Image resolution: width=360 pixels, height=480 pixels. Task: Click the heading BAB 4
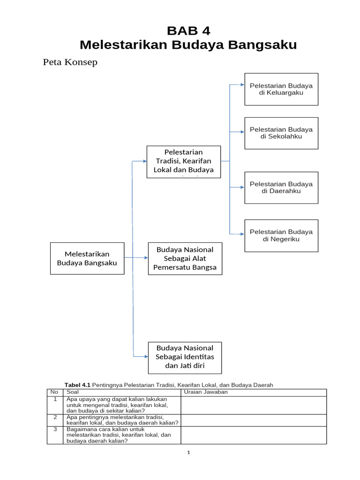pyautogui.click(x=189, y=31)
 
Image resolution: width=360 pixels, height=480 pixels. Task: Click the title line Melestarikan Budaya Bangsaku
pyautogui.click(x=188, y=45)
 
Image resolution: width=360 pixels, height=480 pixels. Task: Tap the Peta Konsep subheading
pyautogui.click(x=70, y=62)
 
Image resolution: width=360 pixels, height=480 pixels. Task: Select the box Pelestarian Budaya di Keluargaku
pyautogui.click(x=281, y=89)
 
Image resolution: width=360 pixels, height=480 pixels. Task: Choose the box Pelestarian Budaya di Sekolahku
pyautogui.click(x=281, y=133)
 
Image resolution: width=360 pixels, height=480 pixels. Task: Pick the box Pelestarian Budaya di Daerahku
pyautogui.click(x=281, y=187)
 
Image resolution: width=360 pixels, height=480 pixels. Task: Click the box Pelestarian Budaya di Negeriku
pyautogui.click(x=281, y=235)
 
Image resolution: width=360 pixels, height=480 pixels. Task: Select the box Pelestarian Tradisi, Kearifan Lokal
pyautogui.click(x=184, y=161)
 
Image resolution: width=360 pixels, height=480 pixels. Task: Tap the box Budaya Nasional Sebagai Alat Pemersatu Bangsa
pyautogui.click(x=185, y=258)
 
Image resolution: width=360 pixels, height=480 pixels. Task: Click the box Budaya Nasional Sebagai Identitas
pyautogui.click(x=185, y=357)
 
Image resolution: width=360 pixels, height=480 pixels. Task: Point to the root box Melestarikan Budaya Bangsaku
pyautogui.click(x=87, y=258)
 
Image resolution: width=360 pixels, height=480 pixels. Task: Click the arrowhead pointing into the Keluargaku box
pyautogui.click(x=242, y=85)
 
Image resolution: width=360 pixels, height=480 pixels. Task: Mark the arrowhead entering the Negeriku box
pyautogui.click(x=242, y=233)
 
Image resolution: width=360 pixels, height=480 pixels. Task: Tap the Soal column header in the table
pyautogui.click(x=74, y=392)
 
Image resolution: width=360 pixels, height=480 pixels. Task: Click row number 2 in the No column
pyautogui.click(x=55, y=417)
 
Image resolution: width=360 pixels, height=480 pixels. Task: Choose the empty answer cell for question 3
pyautogui.click(x=254, y=435)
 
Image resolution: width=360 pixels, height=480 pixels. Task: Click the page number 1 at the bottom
pyautogui.click(x=188, y=453)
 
